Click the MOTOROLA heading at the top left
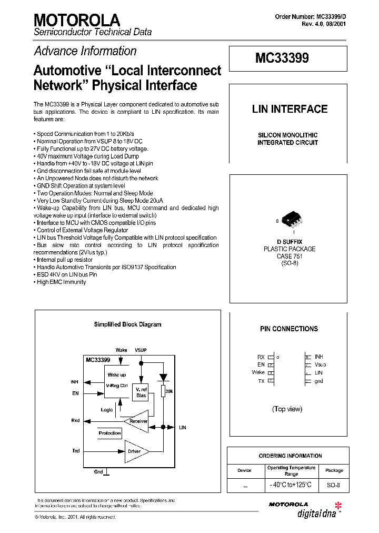pyautogui.click(x=77, y=20)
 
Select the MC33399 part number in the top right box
pyautogui.click(x=282, y=58)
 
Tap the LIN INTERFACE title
pyautogui.click(x=290, y=109)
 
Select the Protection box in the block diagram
pyautogui.click(x=110, y=433)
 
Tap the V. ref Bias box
pyautogui.click(x=141, y=392)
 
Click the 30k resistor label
pyautogui.click(x=169, y=391)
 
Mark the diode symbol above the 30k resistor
pyautogui.click(x=163, y=377)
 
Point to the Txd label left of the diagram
pyautogui.click(x=76, y=451)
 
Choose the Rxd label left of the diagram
pyautogui.click(x=76, y=420)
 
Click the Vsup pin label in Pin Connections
pyautogui.click(x=320, y=364)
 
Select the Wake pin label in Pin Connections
pyautogui.click(x=258, y=372)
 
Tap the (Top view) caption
pyautogui.click(x=287, y=409)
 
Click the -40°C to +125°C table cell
pyautogui.click(x=291, y=485)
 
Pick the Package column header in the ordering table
pyautogui.click(x=334, y=470)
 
